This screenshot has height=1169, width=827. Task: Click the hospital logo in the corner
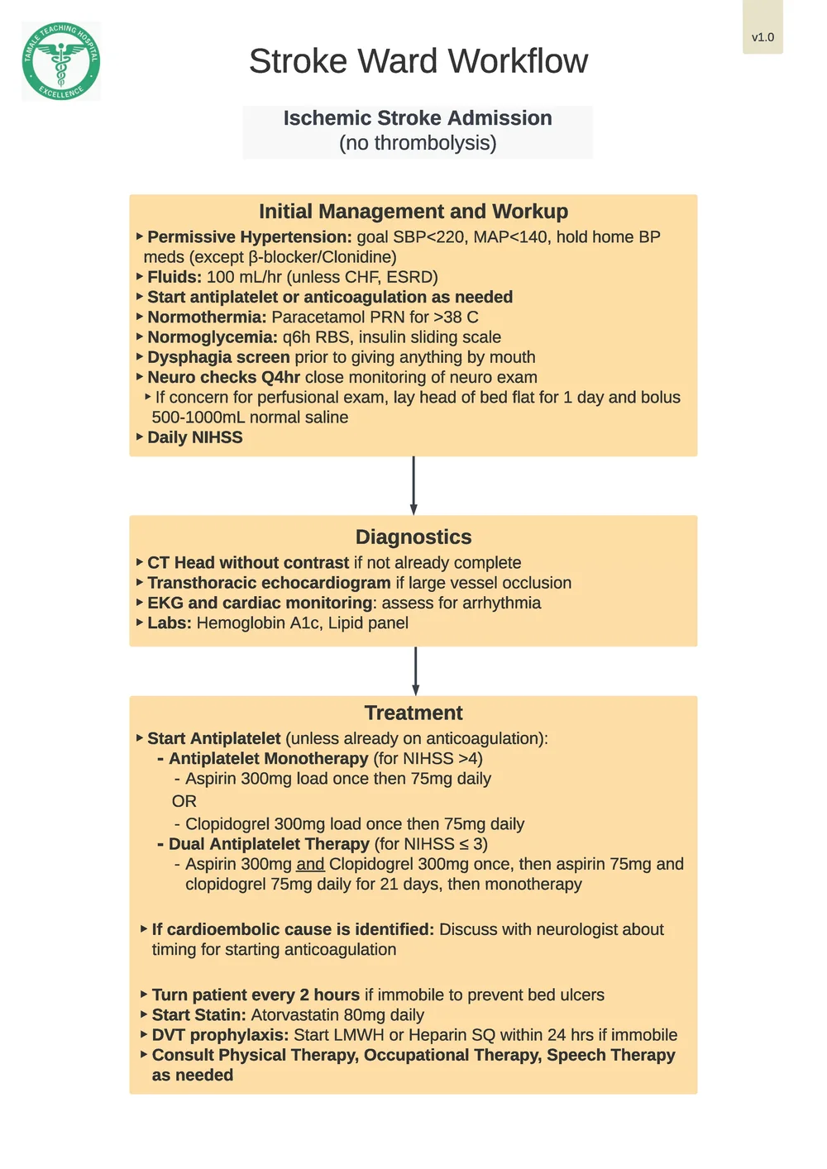61,61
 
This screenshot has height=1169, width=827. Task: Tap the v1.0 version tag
762,37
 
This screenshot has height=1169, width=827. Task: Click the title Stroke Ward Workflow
418,61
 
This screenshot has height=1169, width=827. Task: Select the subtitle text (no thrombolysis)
418,143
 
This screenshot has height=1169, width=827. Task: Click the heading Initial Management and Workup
413,212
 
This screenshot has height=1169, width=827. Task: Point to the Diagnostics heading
413,537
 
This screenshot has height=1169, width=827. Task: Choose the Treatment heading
413,713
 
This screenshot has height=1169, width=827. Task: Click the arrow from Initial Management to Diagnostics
413,486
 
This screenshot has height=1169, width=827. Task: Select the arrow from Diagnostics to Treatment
415,671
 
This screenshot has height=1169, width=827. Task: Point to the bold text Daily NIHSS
195,437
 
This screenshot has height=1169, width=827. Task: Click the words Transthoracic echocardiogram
269,583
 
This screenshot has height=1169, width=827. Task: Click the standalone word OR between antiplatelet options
184,801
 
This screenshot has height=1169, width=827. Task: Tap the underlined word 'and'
310,864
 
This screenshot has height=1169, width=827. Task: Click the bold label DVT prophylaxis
220,1035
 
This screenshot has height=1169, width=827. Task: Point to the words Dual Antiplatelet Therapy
269,844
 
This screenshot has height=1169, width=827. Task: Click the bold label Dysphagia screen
218,357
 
